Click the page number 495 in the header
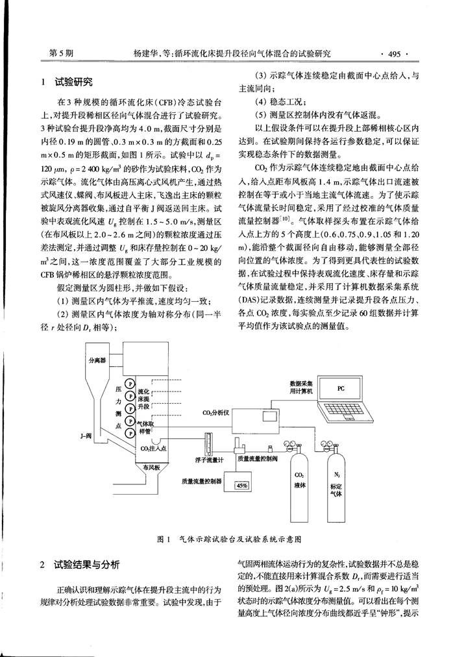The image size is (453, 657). (395, 54)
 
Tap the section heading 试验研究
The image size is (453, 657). (74, 82)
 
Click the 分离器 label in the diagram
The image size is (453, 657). (97, 360)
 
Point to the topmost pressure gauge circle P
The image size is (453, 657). (130, 384)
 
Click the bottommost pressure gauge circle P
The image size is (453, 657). (130, 432)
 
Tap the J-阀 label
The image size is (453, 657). (86, 436)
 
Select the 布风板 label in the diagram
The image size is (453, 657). (151, 467)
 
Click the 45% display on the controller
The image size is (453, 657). (242, 485)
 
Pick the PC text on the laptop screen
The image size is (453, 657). (341, 389)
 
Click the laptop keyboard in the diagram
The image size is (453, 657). (345, 410)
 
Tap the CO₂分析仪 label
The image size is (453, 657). (216, 413)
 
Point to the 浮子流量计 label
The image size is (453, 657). (209, 460)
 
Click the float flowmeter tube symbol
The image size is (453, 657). (206, 442)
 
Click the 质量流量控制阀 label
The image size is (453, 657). (258, 459)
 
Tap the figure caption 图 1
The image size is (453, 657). (164, 539)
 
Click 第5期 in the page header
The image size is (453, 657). (61, 53)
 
